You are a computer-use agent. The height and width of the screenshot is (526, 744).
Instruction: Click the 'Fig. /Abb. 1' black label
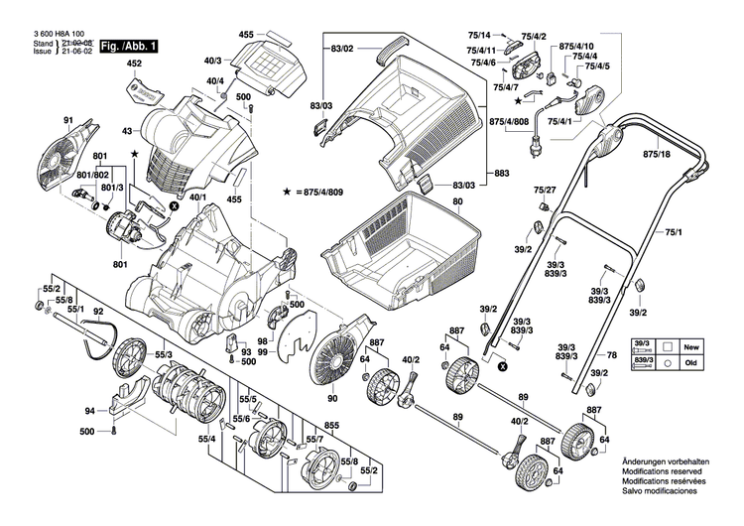pos(126,47)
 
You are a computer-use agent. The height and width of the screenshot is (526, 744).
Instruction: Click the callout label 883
pos(502,174)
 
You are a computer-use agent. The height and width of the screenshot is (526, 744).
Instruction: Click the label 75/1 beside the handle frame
pos(675,232)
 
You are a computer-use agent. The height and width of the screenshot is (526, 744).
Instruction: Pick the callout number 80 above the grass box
pos(457,202)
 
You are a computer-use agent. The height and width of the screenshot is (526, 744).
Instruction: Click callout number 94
pos(89,410)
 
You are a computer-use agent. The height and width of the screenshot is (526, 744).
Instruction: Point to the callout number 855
pos(331,426)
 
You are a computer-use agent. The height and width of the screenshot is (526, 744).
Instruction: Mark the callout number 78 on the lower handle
pos(611,354)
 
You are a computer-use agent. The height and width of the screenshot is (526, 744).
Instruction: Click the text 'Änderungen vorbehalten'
pos(665,463)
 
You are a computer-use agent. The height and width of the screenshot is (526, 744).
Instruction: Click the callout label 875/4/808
pos(509,122)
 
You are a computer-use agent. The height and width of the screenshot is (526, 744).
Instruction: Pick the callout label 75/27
pos(545,190)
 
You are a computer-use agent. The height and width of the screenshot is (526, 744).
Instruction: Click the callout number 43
pos(127,132)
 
